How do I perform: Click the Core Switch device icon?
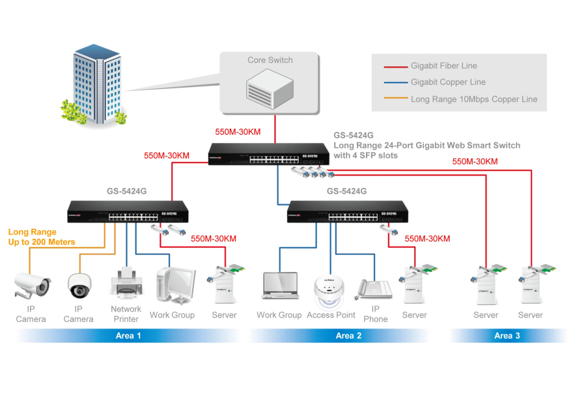tap(270, 88)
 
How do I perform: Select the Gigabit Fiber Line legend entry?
tap(443, 66)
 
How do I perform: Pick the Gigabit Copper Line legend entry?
tap(448, 83)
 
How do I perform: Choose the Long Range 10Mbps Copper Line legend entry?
tap(473, 100)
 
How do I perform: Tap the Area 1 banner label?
tap(128, 336)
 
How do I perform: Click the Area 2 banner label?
tap(348, 336)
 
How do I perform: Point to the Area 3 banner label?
tap(507, 336)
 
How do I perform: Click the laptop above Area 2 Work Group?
tap(279, 286)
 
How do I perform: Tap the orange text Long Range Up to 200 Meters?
tap(41, 237)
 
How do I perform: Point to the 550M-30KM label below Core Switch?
tap(238, 132)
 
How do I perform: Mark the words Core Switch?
tap(270, 60)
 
